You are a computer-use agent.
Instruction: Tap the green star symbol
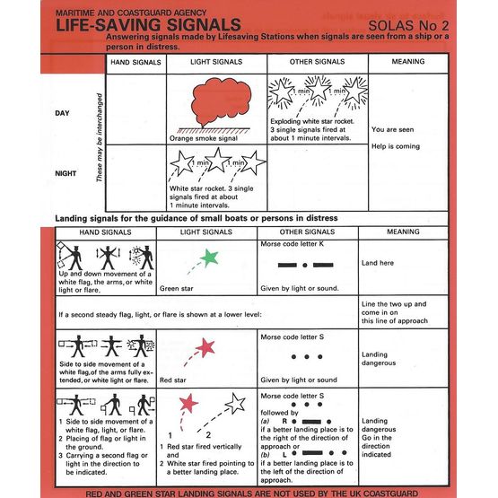[x=209, y=258]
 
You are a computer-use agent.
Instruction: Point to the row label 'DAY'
[x=66, y=113]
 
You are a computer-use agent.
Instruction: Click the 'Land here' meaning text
[x=379, y=263]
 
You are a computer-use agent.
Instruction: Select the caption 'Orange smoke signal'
[x=204, y=139]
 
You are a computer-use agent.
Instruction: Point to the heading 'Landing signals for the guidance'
[x=170, y=218]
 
